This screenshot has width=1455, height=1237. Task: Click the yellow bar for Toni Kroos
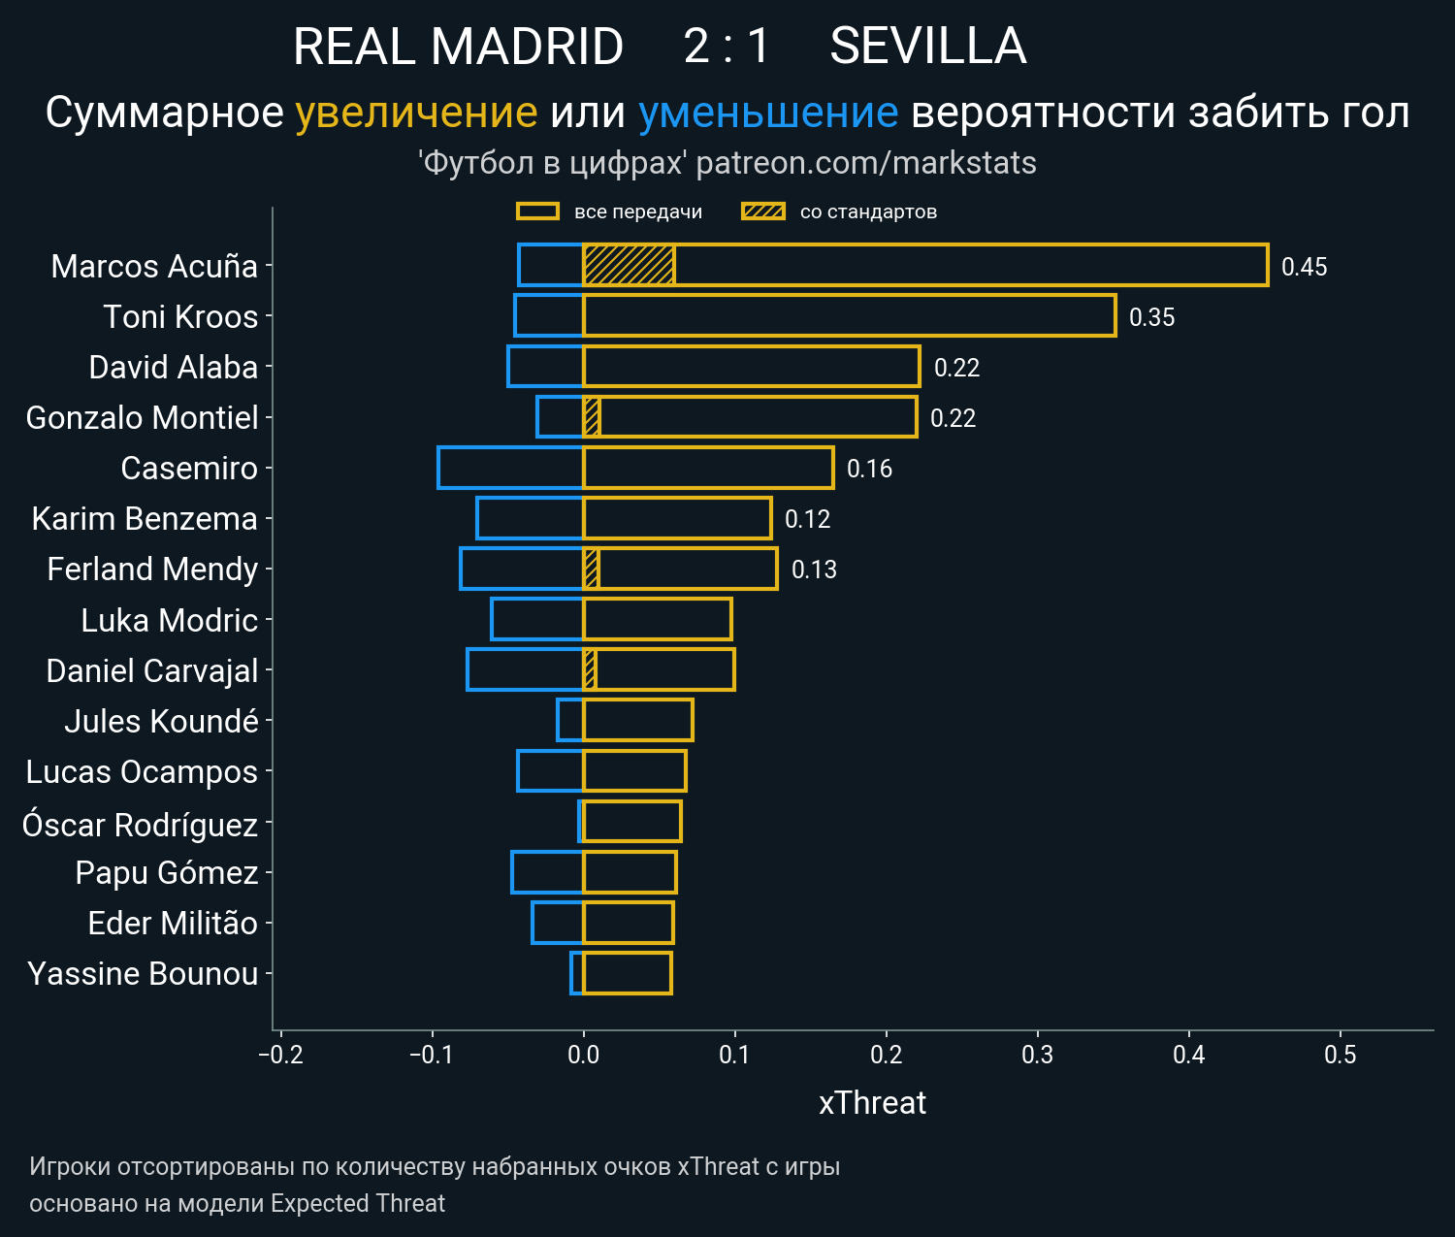coord(849,316)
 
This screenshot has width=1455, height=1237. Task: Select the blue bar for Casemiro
coord(510,468)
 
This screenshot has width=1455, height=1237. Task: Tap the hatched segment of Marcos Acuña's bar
coord(629,266)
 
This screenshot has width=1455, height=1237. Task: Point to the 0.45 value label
coord(1304,267)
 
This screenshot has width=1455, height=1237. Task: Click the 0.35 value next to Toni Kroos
coord(1151,317)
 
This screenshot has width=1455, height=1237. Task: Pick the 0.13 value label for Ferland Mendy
coord(814,570)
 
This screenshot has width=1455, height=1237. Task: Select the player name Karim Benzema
coord(145,519)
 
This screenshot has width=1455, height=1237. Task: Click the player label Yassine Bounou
coord(143,974)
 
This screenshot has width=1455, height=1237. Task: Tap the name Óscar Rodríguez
coord(140,825)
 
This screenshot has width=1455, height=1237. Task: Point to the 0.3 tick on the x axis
coord(1037,1055)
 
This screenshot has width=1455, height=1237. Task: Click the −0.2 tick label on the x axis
coord(280,1055)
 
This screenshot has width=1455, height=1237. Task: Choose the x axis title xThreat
coord(872,1103)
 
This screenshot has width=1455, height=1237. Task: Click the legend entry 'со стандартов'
coord(868,212)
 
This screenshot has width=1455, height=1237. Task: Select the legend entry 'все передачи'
coord(637,212)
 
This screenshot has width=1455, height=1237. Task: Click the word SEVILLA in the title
coord(927,47)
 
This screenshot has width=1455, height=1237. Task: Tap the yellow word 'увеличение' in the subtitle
coord(416,114)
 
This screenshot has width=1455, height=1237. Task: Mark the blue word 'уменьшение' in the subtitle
coord(768,114)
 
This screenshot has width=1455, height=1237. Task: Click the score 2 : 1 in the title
coord(727,47)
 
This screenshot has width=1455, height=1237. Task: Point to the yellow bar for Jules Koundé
coord(637,720)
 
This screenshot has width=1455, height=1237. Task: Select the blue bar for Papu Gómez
coord(547,872)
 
